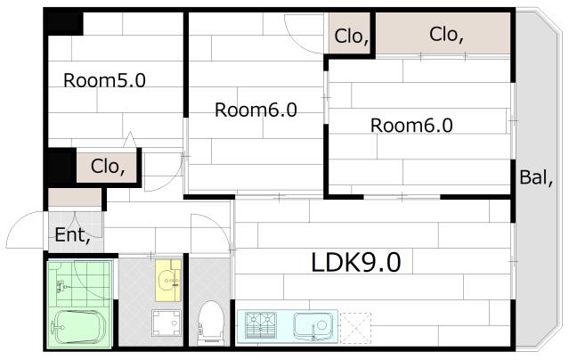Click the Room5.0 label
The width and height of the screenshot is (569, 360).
coord(104,80)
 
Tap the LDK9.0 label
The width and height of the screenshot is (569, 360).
coord(356,262)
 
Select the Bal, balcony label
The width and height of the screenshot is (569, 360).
coord(536,177)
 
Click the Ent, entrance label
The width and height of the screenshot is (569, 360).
coord(72,235)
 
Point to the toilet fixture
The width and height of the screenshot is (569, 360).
coord(210,323)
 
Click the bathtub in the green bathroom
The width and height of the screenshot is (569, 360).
coord(78,326)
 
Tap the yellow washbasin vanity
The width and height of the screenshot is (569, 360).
coord(168,280)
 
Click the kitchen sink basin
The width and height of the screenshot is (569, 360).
coord(313,326)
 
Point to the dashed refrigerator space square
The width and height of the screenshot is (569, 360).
coord(355,328)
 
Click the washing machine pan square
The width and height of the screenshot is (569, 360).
coord(167,323)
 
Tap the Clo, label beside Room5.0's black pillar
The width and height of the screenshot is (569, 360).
coord(108,167)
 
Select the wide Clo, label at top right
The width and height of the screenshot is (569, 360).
coord(446,35)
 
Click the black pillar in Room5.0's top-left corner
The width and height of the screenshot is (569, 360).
coord(64,23)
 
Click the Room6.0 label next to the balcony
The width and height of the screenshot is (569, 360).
coord(411,126)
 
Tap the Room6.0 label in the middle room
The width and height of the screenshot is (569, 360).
coord(256,110)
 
